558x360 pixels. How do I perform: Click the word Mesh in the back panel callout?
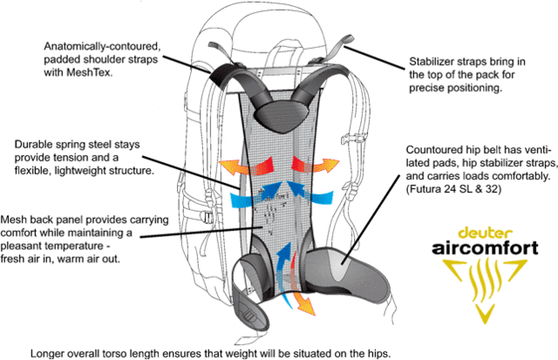coord(19,218)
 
